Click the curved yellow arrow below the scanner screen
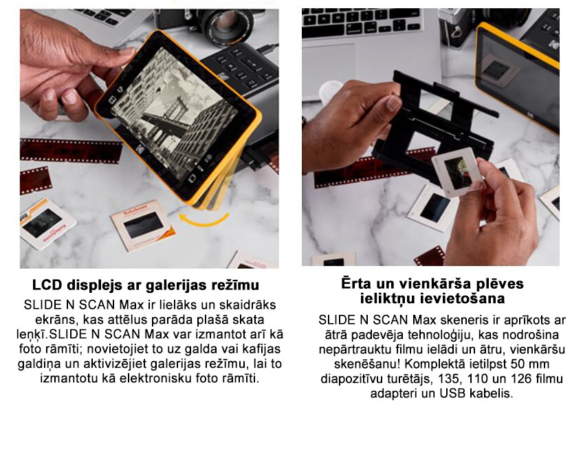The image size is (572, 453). click(x=203, y=221)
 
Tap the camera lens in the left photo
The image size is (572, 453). click(x=227, y=25)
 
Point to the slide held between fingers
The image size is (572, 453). click(x=457, y=171)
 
